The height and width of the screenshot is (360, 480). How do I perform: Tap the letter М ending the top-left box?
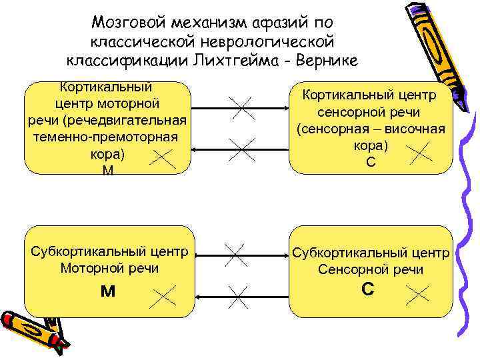(107, 172)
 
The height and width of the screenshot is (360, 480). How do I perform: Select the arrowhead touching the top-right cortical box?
(286, 107)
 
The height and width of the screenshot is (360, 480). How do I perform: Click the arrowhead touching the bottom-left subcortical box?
(199, 297)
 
